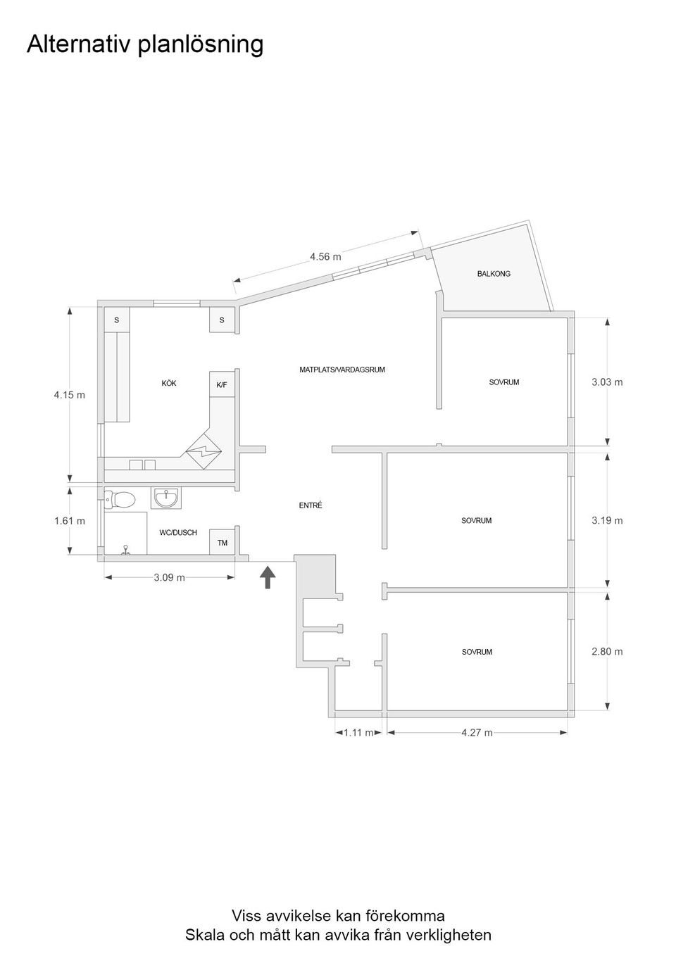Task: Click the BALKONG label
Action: (494, 274)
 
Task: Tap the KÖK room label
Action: (169, 384)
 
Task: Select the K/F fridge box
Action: (222, 385)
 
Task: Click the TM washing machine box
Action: (223, 543)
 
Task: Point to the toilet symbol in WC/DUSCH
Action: (120, 500)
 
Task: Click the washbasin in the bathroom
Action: (166, 498)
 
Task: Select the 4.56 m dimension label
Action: (325, 257)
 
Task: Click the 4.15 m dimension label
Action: (69, 395)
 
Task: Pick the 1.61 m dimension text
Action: (69, 521)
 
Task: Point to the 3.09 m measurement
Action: (169, 578)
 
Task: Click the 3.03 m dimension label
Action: (607, 382)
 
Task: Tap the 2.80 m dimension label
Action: (607, 652)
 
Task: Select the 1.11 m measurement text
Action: (358, 733)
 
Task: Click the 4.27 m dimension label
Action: (477, 733)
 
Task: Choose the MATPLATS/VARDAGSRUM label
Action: (342, 370)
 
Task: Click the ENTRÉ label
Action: (311, 505)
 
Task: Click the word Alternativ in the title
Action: (79, 45)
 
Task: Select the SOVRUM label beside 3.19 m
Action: (477, 521)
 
